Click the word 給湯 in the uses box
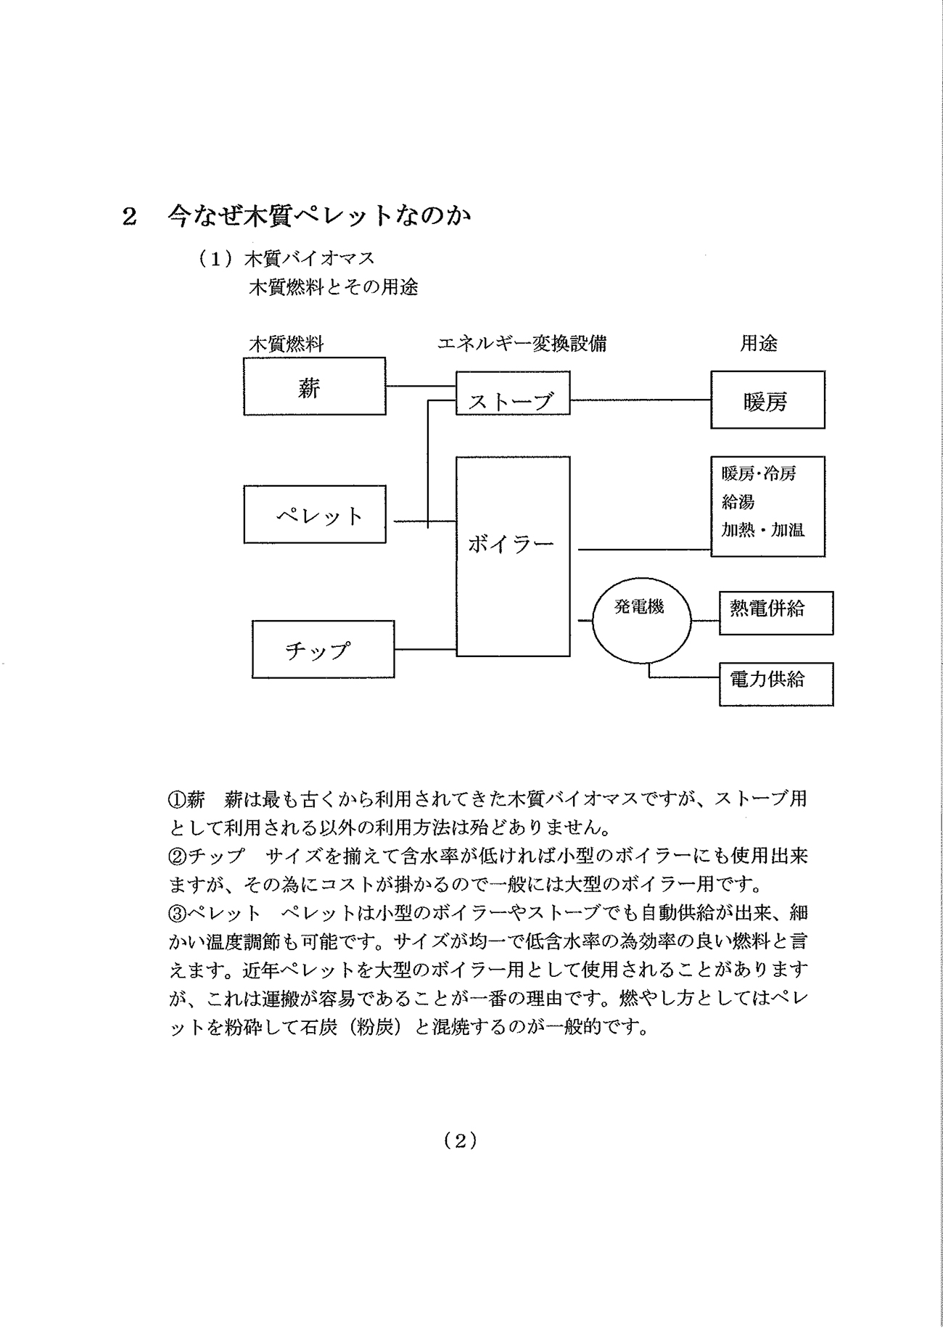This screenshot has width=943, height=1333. click(738, 501)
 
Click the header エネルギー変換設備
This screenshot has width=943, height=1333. click(522, 343)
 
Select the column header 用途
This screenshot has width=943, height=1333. click(758, 343)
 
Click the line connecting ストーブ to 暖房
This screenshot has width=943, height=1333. click(641, 400)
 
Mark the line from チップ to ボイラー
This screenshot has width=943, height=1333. click(425, 649)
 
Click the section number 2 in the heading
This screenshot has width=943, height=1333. click(129, 217)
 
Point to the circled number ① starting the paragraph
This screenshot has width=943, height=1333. click(178, 799)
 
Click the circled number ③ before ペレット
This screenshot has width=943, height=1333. click(178, 912)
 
